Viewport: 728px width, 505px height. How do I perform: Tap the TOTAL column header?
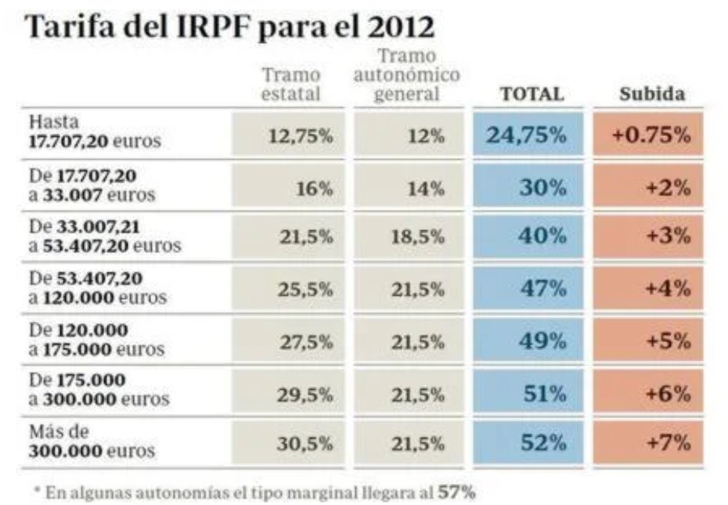point(532,94)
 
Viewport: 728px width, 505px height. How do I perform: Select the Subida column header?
point(652,94)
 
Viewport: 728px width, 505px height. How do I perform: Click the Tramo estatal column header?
point(290,85)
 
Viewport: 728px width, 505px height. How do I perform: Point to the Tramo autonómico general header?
point(406,76)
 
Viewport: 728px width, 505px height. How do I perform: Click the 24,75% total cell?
point(528,134)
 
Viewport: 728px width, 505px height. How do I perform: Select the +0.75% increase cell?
point(649,134)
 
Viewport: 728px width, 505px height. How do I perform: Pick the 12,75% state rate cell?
point(290,134)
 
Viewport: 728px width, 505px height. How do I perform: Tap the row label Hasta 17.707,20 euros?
point(95,132)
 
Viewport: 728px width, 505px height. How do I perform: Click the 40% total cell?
point(528,237)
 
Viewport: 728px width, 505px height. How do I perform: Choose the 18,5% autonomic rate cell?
point(406,237)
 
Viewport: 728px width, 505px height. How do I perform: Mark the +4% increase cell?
point(649,289)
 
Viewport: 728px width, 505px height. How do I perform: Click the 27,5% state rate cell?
point(290,341)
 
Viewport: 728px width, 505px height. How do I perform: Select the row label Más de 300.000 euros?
point(92,442)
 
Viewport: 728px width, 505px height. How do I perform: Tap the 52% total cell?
point(528,443)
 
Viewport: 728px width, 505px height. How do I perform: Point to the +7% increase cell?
point(649,443)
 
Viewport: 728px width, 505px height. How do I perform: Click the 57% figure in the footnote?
point(456,492)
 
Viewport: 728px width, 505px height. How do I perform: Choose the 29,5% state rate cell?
point(290,392)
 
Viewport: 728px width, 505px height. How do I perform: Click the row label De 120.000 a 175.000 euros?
point(96,339)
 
